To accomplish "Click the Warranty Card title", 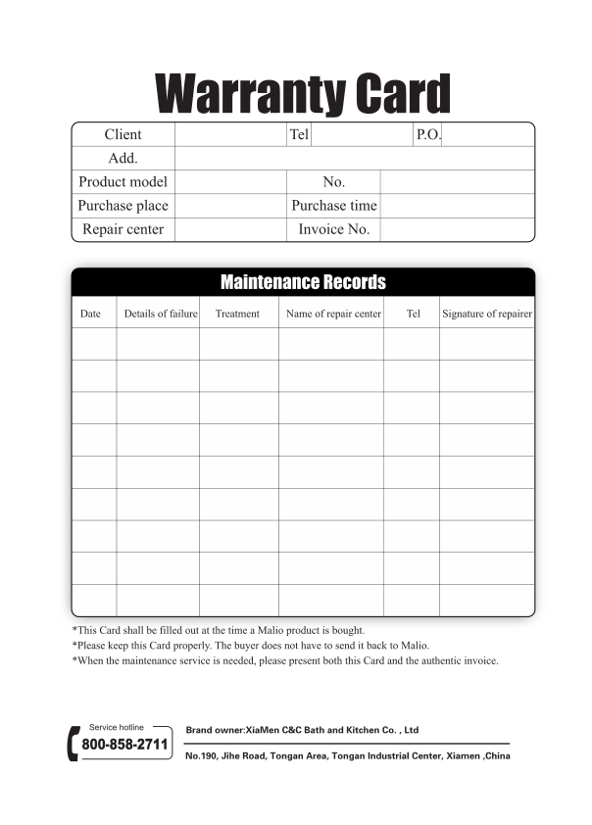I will tap(303, 94).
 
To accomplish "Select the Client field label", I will tap(123, 134).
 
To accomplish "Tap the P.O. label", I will tap(428, 134).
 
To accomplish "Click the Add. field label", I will tap(123, 158).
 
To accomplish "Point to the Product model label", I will tap(123, 181).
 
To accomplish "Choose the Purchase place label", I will tap(123, 206).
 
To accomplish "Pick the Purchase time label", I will tap(333, 206).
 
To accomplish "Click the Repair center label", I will tap(123, 229).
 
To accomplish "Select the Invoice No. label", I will tap(333, 229).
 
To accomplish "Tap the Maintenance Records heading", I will tap(303, 282).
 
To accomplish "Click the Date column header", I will tap(90, 314).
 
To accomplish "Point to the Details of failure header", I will tap(161, 314).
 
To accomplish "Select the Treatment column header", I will tap(237, 314).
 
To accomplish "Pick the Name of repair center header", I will tap(333, 314).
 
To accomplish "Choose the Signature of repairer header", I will tap(487, 314).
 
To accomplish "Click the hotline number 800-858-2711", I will tap(124, 745).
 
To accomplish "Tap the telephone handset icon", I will tap(72, 744).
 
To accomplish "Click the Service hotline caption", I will tap(117, 727).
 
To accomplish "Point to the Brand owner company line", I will tap(302, 730).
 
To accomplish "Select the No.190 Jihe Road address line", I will tap(348, 756).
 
